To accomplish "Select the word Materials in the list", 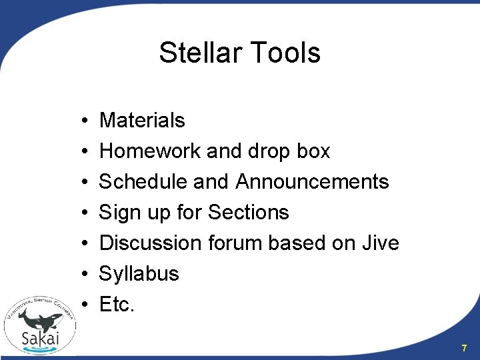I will click(142, 121).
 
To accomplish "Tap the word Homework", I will click(151, 151).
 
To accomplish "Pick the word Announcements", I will click(312, 182).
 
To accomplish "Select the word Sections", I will click(248, 213).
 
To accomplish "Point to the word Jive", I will click(381, 243).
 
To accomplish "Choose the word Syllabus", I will click(139, 274).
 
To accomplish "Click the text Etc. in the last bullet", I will click(117, 305).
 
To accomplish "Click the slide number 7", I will click(465, 348).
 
